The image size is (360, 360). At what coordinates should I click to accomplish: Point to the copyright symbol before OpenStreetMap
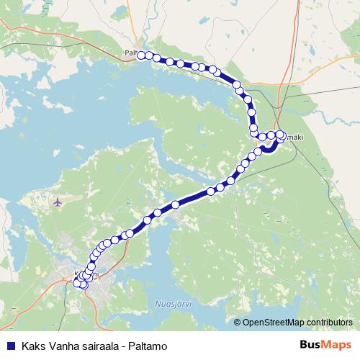coord(238,323)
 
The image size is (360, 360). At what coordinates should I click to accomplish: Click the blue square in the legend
coord(10,345)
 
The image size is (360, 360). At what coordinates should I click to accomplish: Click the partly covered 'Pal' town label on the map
coord(130,53)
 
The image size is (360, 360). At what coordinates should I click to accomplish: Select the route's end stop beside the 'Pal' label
coord(141,55)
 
